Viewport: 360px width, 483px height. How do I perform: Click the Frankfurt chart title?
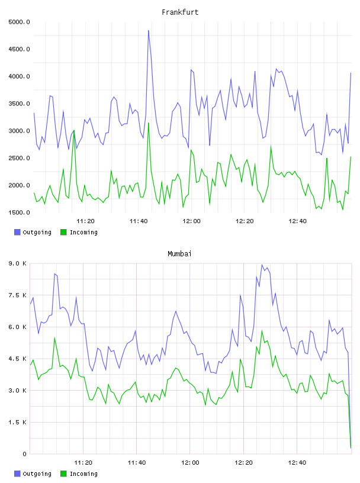(180, 12)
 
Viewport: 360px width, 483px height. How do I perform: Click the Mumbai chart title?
(179, 254)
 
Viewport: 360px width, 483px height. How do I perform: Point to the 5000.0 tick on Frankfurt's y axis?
(19, 22)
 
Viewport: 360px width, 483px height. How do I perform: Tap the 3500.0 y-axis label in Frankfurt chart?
(19, 104)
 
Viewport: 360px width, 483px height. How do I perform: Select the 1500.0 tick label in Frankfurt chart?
(19, 212)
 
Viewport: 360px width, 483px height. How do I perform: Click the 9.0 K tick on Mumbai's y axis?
(18, 263)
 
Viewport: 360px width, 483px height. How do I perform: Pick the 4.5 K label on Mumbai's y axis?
(18, 359)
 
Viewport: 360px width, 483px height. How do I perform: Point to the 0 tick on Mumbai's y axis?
(24, 454)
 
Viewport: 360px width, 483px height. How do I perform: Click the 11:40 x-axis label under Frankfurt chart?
(139, 221)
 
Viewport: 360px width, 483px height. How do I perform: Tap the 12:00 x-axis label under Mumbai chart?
(190, 463)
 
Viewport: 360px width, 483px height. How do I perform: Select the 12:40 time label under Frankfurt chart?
(297, 221)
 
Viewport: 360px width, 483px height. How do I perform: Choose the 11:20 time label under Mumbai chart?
(83, 463)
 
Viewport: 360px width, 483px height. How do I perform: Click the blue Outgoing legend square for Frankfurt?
(17, 232)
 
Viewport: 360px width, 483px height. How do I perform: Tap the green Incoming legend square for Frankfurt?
(63, 232)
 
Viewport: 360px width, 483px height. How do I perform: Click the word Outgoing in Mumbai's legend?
(37, 474)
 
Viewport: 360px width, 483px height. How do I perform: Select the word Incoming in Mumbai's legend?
(83, 474)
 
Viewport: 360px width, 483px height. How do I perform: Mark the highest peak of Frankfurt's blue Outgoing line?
(149, 31)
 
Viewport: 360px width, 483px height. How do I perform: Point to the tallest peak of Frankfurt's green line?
(149, 123)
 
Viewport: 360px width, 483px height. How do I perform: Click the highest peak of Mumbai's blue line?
(262, 265)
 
